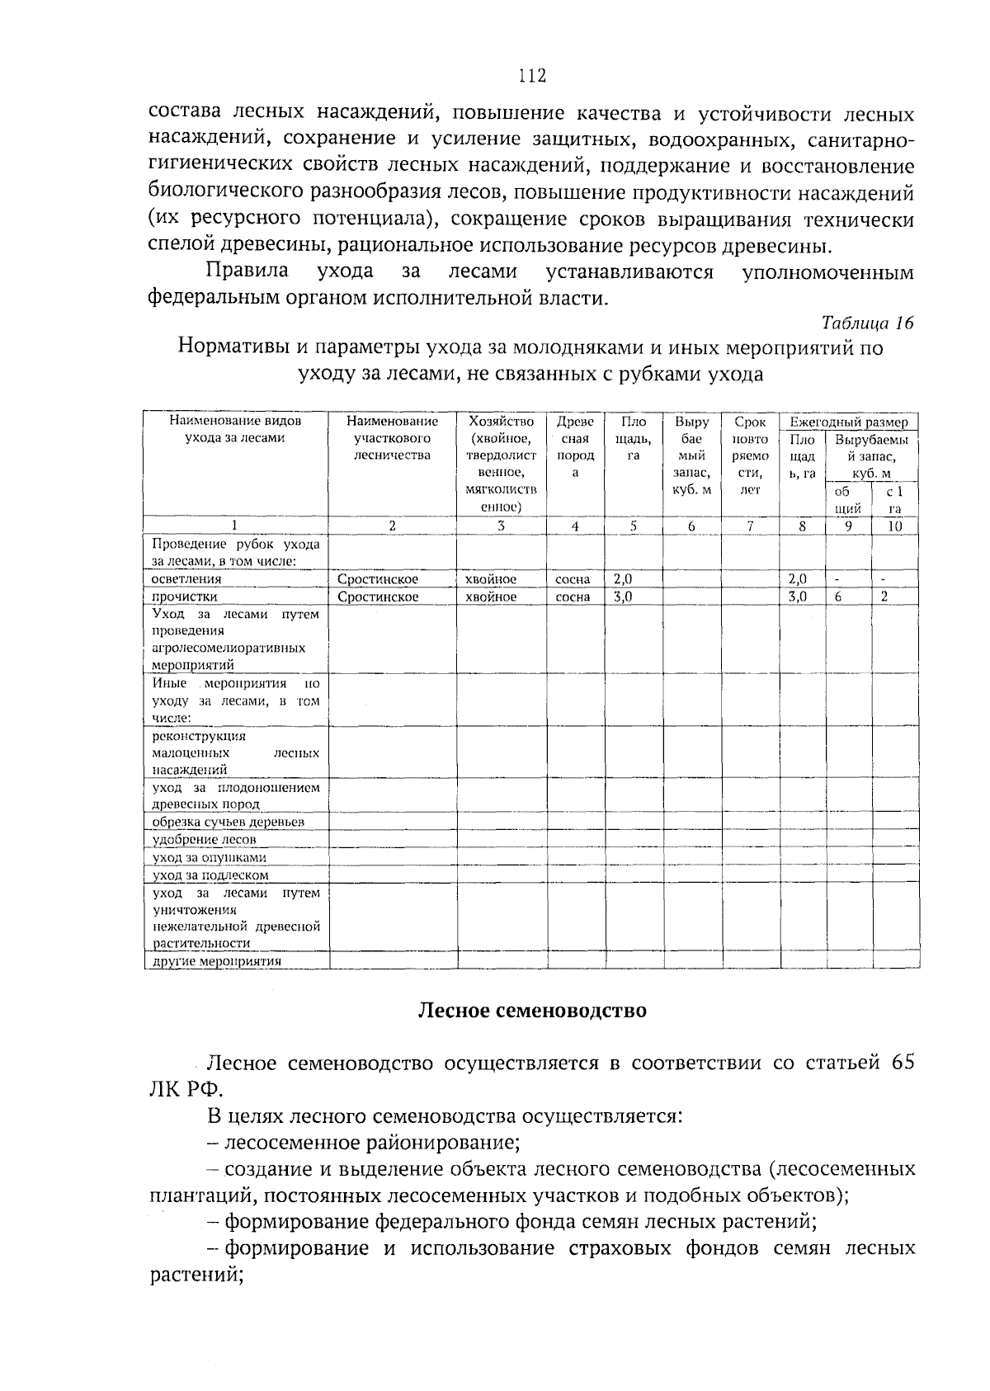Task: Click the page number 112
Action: tap(532, 77)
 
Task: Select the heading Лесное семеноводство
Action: tap(532, 1011)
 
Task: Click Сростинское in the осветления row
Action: tap(378, 579)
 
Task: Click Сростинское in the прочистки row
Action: tap(378, 596)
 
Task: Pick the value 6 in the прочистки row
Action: tap(837, 596)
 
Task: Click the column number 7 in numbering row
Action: tap(750, 526)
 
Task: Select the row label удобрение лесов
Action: tap(205, 840)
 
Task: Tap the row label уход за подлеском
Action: tap(210, 875)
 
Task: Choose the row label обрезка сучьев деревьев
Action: tap(229, 823)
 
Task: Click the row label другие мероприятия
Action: tap(217, 961)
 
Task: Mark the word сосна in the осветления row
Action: tap(573, 579)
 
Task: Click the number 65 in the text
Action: tap(903, 1062)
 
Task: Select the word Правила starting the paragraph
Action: tap(247, 271)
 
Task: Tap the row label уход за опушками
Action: tap(210, 858)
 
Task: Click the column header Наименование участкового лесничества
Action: tap(392, 438)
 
